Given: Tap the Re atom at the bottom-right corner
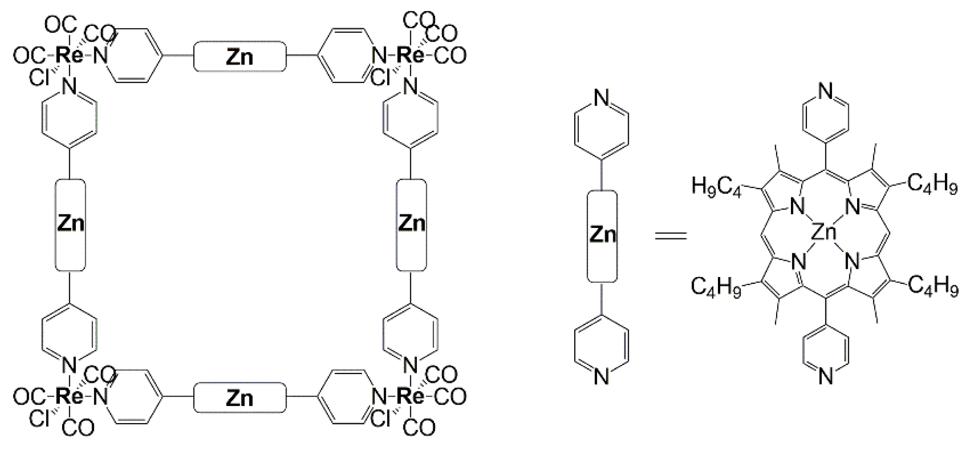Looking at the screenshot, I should pos(411,397).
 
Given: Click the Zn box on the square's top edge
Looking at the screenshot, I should pos(240,56).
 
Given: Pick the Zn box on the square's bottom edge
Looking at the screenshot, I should pos(240,398).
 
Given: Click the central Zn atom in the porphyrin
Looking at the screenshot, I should pos(824,233).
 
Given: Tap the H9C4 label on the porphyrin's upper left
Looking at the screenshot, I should pos(716,185).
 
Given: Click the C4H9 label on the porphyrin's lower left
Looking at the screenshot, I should pos(716,287).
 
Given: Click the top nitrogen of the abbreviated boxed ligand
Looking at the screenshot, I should pos(602,98).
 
